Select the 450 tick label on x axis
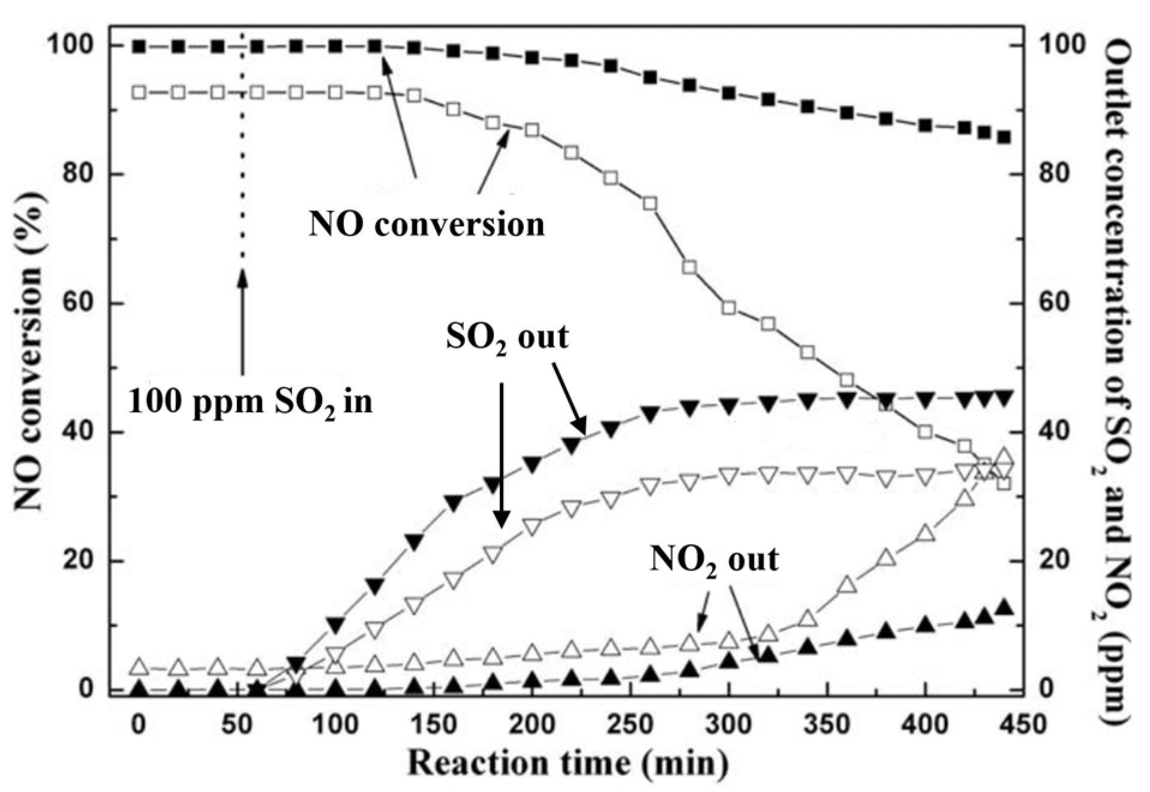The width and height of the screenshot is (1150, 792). point(1023,725)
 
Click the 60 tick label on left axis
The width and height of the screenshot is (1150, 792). point(78,303)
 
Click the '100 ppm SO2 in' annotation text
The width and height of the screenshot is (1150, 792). point(250,401)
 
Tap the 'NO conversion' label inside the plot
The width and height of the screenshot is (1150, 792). point(427,225)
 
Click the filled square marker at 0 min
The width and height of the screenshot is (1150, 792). point(139,46)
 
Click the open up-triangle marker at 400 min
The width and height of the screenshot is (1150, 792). point(926,533)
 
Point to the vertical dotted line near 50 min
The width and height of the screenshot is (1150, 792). point(242,150)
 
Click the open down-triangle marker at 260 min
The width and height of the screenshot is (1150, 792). point(650,485)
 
